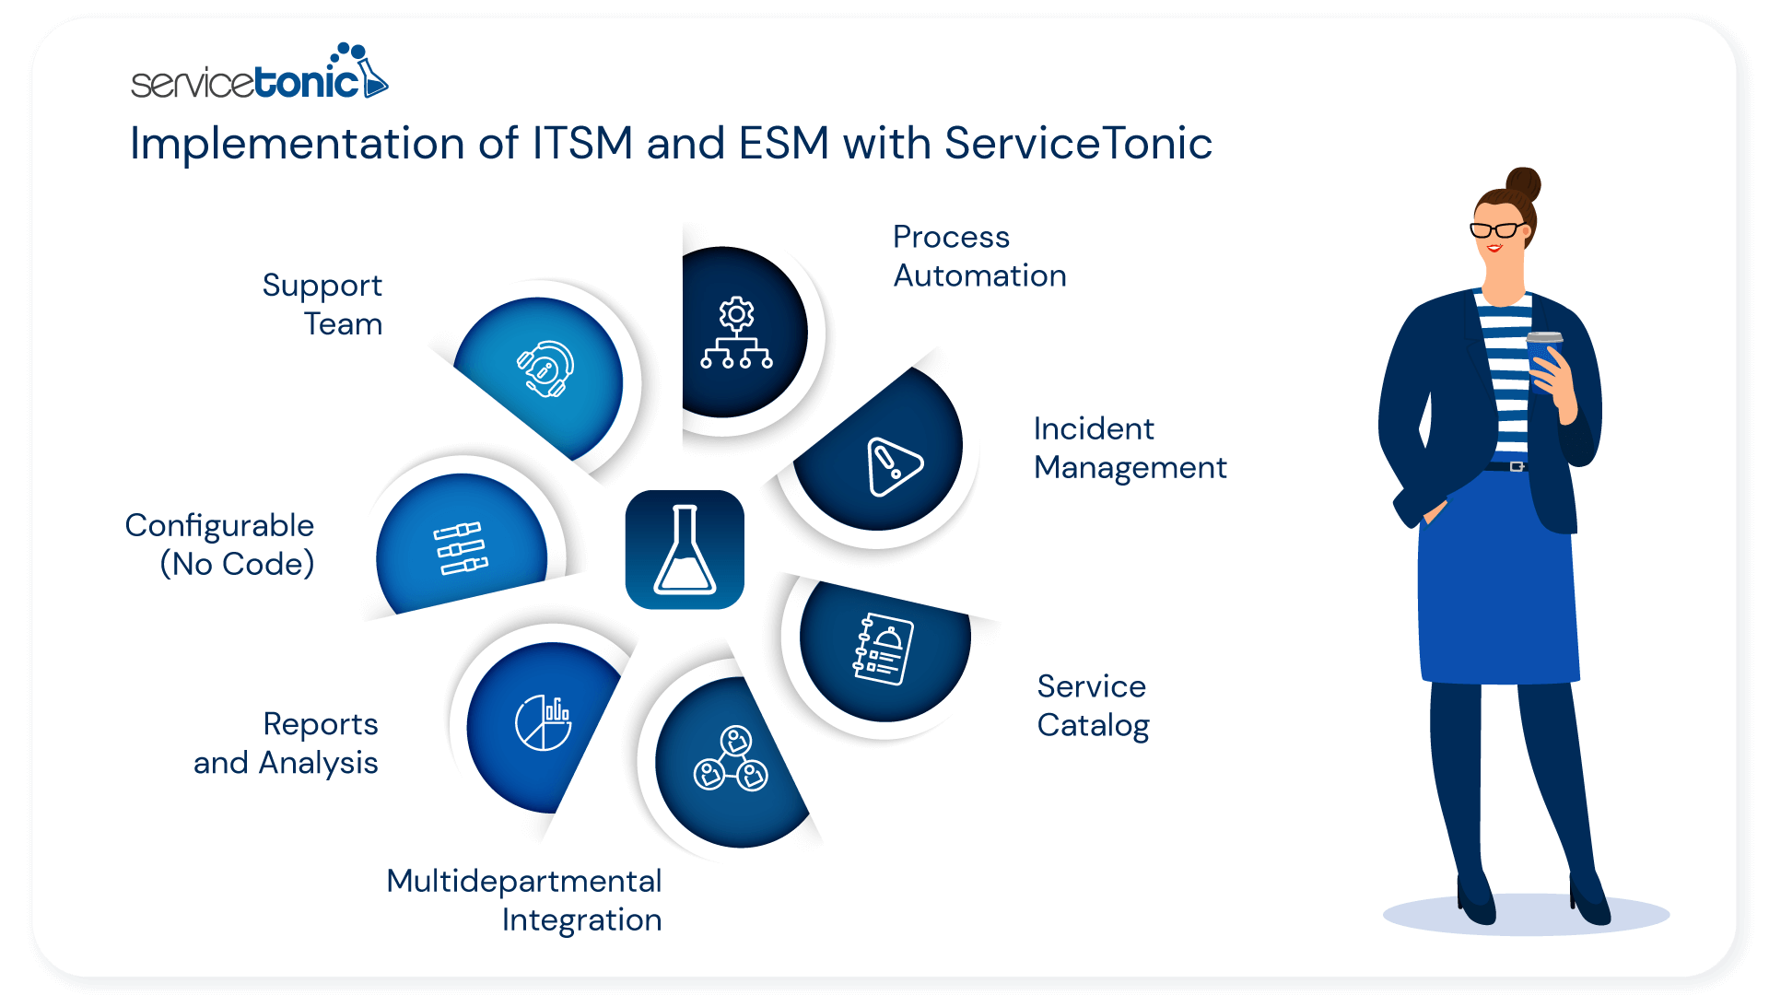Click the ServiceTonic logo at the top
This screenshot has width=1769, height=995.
pos(259,74)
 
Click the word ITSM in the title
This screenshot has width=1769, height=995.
pos(582,144)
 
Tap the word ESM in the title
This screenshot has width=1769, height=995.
pos(783,144)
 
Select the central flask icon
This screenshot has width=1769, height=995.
pos(685,550)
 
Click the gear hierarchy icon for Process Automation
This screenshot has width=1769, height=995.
pos(736,334)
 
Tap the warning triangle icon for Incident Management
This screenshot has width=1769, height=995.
pos(892,465)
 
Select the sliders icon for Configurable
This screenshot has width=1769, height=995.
pos(461,548)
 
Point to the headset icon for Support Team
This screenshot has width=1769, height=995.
pos(546,369)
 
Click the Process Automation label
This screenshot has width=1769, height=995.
pos(978,256)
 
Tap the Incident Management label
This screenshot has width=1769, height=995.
pos(1130,448)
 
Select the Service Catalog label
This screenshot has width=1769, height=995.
pos(1093,706)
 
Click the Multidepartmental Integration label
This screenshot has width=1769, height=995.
pos(524,900)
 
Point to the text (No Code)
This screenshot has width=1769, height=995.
pos(238,564)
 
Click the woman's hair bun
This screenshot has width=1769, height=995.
pos(1523,183)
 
